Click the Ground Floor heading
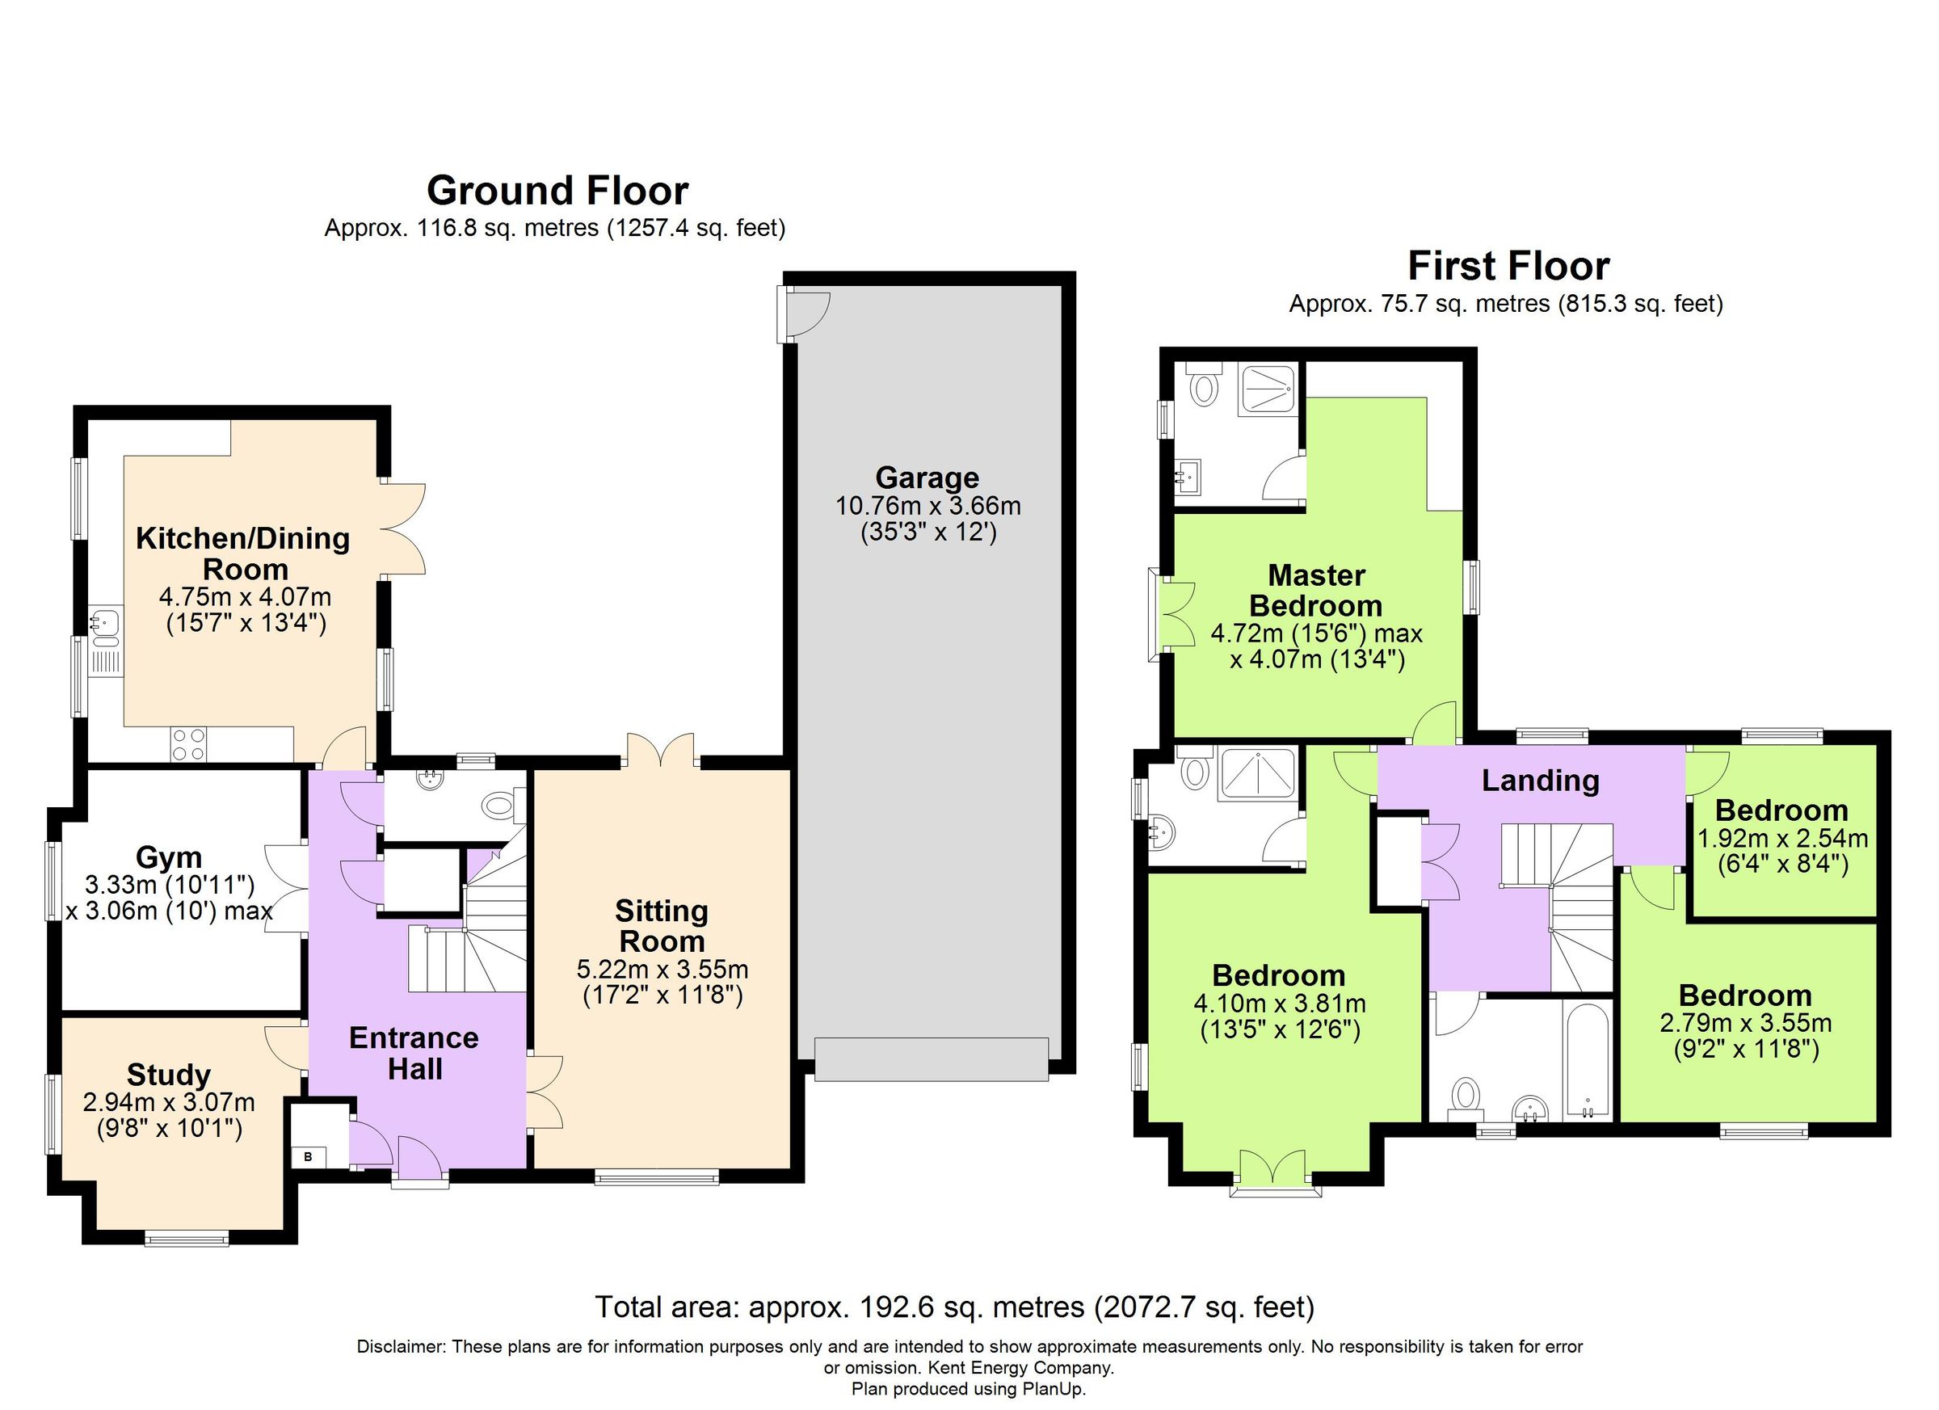click(x=557, y=191)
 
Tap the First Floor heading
click(x=1508, y=266)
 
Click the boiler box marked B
click(x=309, y=1157)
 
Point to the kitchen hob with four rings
click(x=188, y=743)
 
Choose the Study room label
click(x=168, y=1074)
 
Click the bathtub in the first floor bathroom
click(x=1588, y=1060)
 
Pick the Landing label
click(x=1540, y=780)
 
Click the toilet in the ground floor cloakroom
click(x=498, y=805)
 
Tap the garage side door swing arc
click(x=809, y=314)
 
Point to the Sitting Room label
click(x=661, y=926)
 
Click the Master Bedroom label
click(x=1316, y=590)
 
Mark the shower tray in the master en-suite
click(x=1268, y=392)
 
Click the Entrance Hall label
click(x=414, y=1053)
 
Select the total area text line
click(x=954, y=1307)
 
